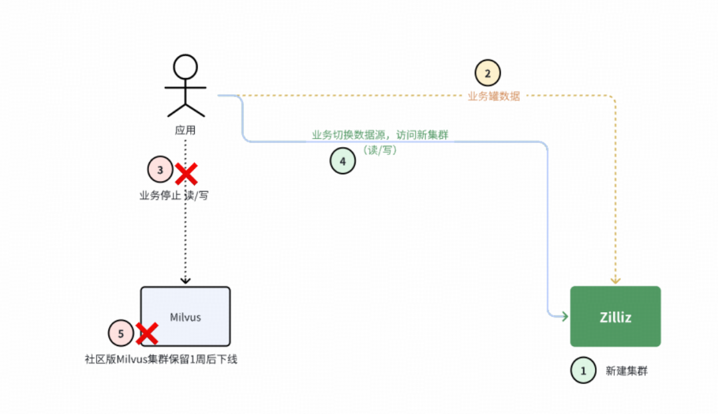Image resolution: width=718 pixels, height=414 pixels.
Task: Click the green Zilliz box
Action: coord(615,316)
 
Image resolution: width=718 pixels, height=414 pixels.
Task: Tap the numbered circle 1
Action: coord(584,371)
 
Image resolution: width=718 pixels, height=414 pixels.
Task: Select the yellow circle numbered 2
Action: coord(487,73)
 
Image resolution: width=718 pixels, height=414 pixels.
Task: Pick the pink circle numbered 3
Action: coord(160,170)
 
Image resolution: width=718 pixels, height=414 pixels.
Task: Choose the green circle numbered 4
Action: coord(343,161)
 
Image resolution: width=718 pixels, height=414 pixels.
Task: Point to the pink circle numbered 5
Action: coord(121,334)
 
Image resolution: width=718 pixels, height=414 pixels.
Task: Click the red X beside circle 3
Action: coord(186,174)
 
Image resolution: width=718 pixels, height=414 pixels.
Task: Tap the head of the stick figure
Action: coord(185,67)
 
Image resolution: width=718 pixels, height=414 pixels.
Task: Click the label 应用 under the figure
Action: coord(185,130)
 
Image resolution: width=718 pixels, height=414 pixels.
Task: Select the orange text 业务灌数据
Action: coord(494,97)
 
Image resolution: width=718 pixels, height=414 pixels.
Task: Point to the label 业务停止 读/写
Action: coord(174,196)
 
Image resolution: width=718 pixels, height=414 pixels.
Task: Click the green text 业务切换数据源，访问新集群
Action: coord(380,135)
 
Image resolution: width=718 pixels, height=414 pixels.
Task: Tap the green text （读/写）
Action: coord(380,150)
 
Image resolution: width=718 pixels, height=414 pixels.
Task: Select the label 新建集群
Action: coord(626,371)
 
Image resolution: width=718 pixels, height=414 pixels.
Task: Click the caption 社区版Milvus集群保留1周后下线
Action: coord(161,359)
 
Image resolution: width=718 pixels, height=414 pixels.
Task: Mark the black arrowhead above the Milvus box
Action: coord(185,281)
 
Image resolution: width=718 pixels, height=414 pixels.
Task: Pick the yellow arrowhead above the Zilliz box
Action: coord(616,280)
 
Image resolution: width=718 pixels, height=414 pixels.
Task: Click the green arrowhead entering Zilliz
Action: coord(564,316)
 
